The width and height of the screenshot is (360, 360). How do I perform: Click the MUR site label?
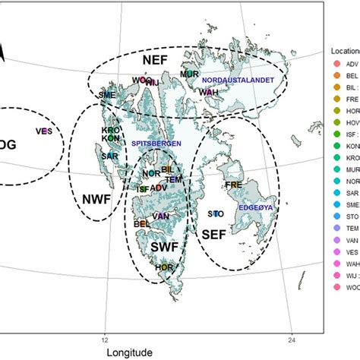click(189, 74)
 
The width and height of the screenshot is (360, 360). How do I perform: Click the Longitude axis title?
click(128, 352)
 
